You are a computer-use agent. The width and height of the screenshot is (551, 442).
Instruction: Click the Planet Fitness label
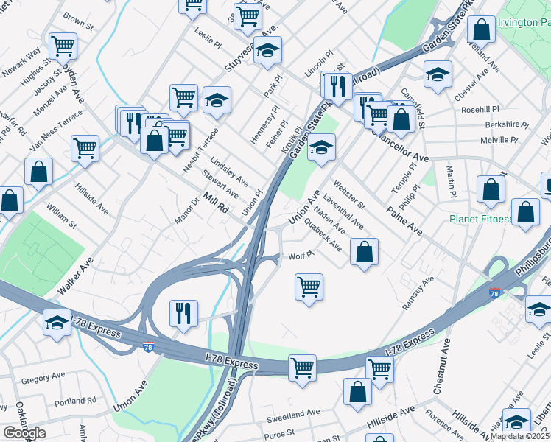[481, 219]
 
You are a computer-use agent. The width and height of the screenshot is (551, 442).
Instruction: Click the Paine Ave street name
[404, 220]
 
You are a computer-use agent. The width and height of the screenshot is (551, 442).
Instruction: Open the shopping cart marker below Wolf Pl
[309, 286]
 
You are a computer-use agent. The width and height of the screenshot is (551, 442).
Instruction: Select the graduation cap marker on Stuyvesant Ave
[268, 50]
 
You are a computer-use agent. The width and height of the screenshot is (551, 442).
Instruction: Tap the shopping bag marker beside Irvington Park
[481, 30]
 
